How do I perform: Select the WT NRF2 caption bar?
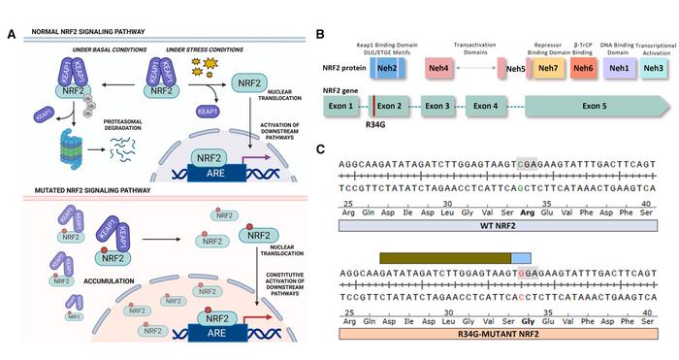[x=498, y=225]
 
